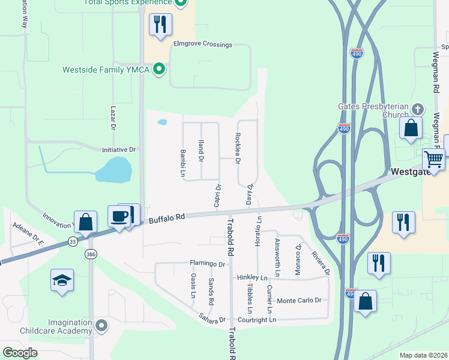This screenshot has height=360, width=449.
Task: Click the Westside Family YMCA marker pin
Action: (159, 70)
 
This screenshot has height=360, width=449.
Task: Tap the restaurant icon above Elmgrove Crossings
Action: (160, 25)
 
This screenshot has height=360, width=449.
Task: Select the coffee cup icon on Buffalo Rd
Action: (119, 215)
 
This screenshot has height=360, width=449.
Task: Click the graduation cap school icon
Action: (62, 280)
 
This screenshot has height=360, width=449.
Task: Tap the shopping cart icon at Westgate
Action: (433, 160)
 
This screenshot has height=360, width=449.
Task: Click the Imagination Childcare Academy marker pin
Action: (101, 326)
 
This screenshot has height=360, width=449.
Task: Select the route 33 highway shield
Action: (73, 241)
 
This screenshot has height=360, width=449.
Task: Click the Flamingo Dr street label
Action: (207, 263)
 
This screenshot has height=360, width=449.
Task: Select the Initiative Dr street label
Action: (119, 149)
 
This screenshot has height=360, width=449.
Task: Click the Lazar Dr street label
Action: (113, 118)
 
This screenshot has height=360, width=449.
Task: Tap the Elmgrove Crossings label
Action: (202, 44)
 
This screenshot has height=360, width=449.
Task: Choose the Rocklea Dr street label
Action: (238, 149)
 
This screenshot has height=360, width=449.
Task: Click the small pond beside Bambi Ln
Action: (162, 122)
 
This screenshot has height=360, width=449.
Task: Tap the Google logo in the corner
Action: (20, 352)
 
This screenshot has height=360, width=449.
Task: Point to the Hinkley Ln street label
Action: (252, 278)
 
